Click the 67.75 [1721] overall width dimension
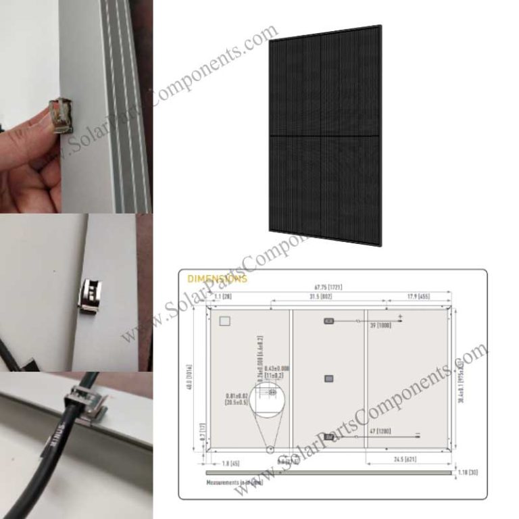click(x=326, y=287)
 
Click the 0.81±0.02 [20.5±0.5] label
click(x=237, y=398)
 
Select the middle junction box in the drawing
click(x=328, y=378)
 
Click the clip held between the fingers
click(x=62, y=114)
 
